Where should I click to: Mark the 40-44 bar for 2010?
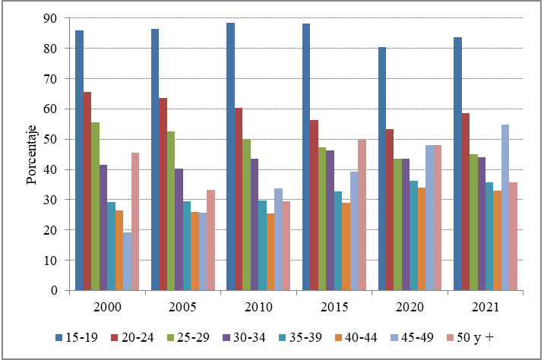pyautogui.click(x=271, y=251)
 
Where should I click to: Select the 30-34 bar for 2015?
pyautogui.click(x=329, y=220)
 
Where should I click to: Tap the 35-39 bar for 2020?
pyautogui.click(x=413, y=235)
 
